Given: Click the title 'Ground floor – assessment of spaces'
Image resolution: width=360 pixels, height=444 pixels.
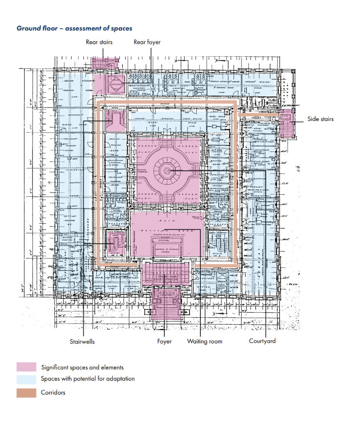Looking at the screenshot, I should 74,28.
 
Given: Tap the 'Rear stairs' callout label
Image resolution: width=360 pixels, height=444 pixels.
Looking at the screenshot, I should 99,42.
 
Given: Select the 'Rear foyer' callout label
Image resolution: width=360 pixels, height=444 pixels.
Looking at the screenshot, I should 147,42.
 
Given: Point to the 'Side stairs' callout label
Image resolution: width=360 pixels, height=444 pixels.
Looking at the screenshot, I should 321,119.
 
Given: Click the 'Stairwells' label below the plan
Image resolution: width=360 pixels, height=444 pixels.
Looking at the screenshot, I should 82,342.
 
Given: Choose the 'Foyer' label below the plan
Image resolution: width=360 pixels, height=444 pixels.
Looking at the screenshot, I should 164,342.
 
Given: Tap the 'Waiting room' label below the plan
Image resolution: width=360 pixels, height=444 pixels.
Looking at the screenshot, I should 204,342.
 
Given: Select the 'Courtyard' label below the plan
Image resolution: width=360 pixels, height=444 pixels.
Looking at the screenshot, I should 262,341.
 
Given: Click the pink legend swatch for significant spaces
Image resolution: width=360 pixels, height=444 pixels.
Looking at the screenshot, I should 26,367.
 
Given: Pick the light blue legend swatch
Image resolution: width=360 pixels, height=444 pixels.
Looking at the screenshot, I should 26,380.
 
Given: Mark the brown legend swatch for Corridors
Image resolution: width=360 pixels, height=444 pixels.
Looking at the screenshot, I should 26,393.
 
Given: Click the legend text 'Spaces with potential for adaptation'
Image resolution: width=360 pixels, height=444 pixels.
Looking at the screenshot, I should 88,379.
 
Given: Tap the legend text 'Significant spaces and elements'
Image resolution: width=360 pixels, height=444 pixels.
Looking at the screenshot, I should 82,367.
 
